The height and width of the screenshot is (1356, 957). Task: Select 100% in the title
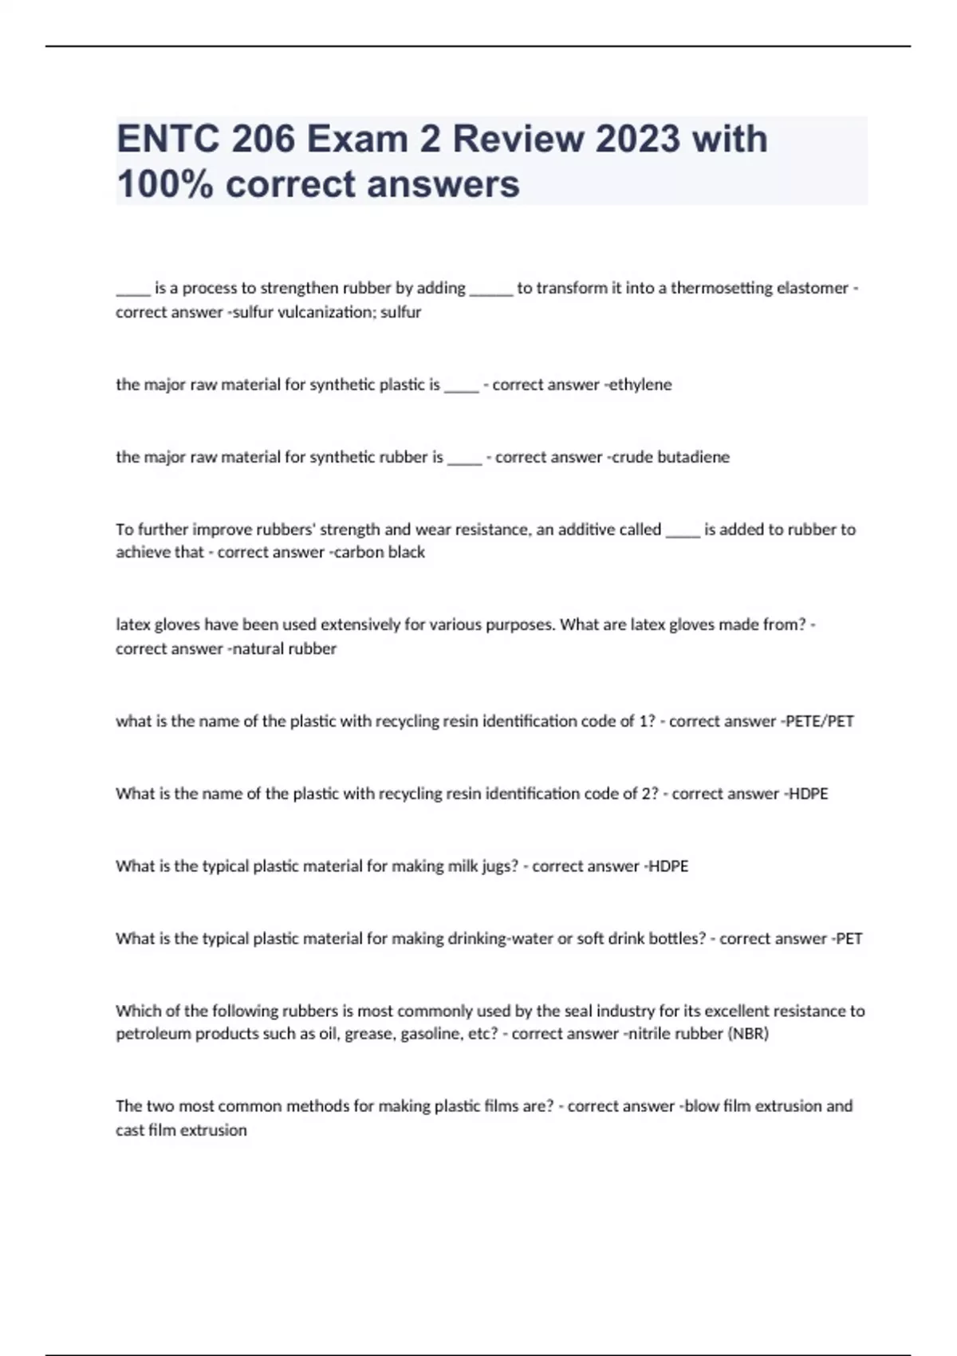pos(165,184)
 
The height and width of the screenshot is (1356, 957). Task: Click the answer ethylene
pos(640,384)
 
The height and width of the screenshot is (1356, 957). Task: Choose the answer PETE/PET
pos(820,721)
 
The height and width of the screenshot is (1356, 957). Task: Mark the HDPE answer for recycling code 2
pos(808,794)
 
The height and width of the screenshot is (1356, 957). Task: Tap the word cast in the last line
pos(130,1130)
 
